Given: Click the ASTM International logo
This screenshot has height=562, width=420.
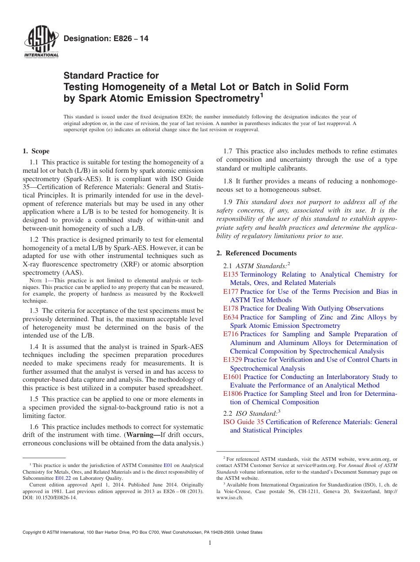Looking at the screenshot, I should tap(41, 42).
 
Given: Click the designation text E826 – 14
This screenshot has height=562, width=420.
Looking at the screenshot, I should tap(106, 39).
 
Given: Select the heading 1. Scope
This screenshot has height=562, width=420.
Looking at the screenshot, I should tap(36, 151).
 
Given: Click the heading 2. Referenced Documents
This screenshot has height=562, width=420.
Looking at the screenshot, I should tap(256, 253).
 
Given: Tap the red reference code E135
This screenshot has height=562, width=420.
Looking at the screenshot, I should tap(231, 274).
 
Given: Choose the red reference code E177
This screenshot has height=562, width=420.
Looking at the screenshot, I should tap(231, 292).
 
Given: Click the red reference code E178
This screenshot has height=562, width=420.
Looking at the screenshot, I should tap(231, 308).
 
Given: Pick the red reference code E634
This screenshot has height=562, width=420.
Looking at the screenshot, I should tap(231, 317).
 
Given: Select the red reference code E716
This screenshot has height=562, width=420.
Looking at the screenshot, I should tap(231, 334).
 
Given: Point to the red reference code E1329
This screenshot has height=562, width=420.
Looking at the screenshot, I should tap(233, 360).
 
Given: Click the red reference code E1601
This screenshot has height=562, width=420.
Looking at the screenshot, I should tap(233, 377).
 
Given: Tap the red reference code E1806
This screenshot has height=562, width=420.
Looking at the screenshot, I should tap(233, 394).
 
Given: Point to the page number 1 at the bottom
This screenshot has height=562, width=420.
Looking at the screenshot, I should tap(210, 543).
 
